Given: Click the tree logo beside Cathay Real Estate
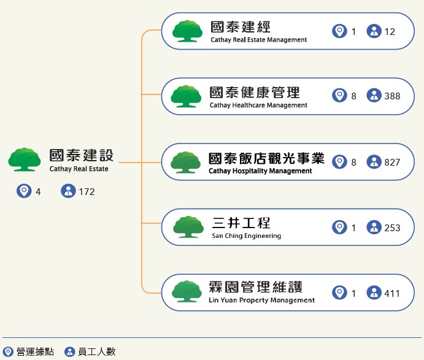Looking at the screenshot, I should click(x=25, y=159).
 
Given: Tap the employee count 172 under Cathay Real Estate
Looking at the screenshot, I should click(x=87, y=192).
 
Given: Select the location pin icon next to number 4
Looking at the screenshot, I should click(x=24, y=191).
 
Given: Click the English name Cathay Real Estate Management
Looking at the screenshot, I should click(x=258, y=40).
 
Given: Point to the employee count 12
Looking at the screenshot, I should click(x=390, y=31).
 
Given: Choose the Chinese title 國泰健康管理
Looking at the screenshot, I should click(x=255, y=93).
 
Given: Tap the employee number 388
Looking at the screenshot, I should click(x=392, y=96).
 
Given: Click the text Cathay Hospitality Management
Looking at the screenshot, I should click(x=260, y=171).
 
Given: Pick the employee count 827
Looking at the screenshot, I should click(x=392, y=163).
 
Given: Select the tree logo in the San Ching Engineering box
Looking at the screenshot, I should click(x=188, y=226).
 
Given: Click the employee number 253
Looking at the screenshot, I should click(x=392, y=228).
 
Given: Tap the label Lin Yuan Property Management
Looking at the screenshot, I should click(x=262, y=301).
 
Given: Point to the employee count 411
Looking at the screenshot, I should click(x=392, y=293).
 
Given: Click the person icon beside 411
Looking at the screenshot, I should click(x=374, y=293).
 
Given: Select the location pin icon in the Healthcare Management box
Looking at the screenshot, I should click(x=339, y=96).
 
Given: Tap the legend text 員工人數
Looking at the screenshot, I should click(x=96, y=352).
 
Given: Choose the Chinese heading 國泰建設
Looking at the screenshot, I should click(x=82, y=155).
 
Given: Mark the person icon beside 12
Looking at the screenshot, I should click(x=374, y=31).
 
